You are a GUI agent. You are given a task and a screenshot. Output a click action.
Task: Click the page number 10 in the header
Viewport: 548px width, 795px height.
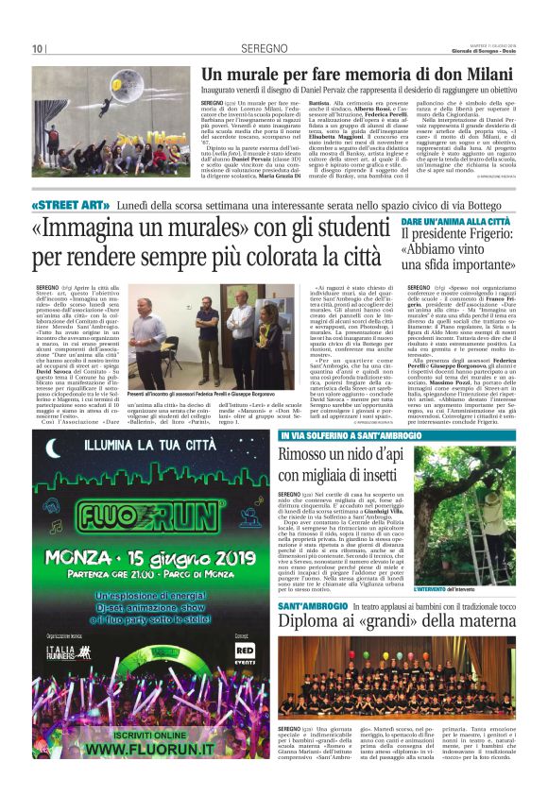coord(38,48)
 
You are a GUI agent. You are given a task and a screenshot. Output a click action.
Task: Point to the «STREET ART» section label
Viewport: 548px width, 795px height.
coord(70,205)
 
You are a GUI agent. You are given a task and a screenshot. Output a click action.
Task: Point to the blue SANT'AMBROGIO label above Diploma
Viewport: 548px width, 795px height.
coord(313,604)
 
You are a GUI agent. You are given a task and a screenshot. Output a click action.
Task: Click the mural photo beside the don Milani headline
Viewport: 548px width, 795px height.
coord(109,108)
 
